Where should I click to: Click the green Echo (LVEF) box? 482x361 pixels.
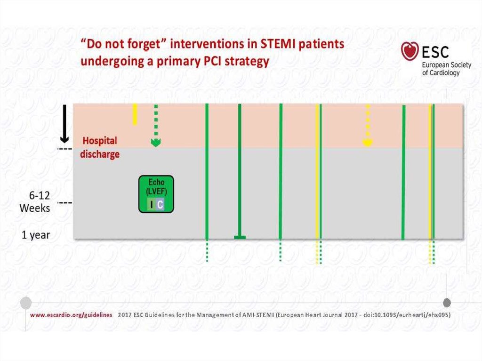point(156,194)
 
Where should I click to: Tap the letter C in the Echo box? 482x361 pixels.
point(160,204)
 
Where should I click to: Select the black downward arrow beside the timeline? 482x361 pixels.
point(64,124)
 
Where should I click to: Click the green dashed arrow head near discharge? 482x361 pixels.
point(156,142)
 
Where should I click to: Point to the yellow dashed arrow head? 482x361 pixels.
point(368,142)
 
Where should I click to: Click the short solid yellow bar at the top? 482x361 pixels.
point(135,114)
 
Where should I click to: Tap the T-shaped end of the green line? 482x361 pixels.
point(240,237)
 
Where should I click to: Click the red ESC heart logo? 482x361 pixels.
point(410,51)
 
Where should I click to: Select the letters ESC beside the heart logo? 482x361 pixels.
point(435,52)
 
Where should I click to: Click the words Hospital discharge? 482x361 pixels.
point(100,147)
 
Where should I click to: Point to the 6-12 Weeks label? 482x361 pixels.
point(35,202)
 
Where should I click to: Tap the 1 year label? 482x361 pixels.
point(36,235)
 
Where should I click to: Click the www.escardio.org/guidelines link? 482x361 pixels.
point(71,315)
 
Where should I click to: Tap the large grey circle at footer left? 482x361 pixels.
point(26,303)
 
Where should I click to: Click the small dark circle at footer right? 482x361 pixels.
point(447,303)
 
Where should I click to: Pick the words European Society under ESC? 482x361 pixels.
point(446,65)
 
